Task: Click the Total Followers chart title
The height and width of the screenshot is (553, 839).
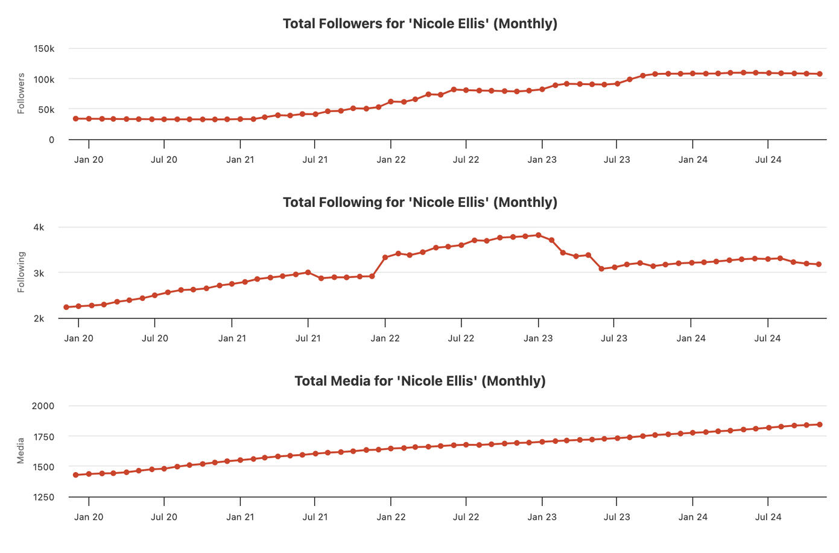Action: tap(420, 24)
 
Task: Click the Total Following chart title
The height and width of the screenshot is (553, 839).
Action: tap(420, 202)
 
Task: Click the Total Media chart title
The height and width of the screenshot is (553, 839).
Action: tap(420, 381)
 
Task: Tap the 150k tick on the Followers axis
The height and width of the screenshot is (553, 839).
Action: tap(44, 48)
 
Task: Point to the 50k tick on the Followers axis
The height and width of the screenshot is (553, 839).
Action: tap(46, 110)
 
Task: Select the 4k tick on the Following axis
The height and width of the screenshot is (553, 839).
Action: tap(39, 227)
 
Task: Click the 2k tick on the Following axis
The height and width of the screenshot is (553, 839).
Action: tap(39, 318)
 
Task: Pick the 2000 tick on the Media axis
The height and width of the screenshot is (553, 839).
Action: tap(43, 406)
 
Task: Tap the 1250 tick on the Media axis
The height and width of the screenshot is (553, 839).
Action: tap(43, 498)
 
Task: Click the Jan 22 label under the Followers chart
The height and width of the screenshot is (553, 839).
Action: tap(391, 160)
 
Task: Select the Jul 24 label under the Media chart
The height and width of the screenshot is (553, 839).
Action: tap(768, 517)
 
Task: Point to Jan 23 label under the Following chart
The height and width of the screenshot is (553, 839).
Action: tap(538, 338)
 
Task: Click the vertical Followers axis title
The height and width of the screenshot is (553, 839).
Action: tap(21, 93)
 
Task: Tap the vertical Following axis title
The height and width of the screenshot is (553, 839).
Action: tap(21, 272)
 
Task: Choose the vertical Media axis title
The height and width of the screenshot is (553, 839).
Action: tap(21, 450)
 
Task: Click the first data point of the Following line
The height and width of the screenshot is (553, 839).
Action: tap(66, 307)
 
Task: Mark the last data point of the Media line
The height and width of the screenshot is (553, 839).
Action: tap(820, 425)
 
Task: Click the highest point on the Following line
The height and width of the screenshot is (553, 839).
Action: tap(539, 235)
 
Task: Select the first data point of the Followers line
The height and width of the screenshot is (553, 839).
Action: tap(75, 119)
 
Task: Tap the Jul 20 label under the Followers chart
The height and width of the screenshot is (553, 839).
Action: tap(164, 160)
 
